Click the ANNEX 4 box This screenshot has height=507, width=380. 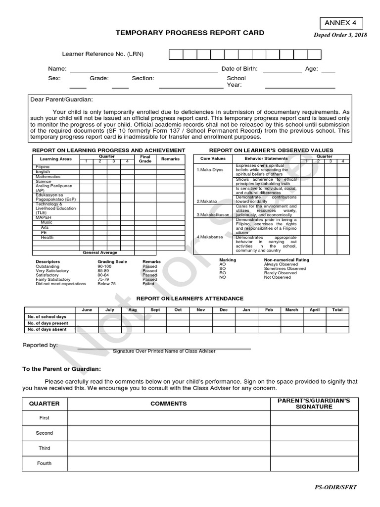[340, 23]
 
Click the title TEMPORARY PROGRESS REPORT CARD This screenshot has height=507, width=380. [190, 33]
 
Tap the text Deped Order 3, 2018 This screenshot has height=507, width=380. [341, 35]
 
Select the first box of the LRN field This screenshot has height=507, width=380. [176, 54]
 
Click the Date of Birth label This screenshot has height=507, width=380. [239, 69]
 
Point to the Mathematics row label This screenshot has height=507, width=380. [48, 177]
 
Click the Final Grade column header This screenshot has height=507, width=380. [145, 159]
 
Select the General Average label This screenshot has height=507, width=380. [100, 253]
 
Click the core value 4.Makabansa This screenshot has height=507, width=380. [210, 237]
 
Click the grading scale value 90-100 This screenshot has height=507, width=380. [105, 266]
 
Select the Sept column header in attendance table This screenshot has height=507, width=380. [155, 310]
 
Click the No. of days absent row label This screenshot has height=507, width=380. [47, 329]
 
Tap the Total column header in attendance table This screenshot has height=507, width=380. [337, 310]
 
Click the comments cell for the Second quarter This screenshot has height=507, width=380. [169, 433]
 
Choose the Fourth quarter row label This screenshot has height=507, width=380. [45, 463]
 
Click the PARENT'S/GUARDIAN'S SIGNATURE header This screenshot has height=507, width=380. [314, 404]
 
